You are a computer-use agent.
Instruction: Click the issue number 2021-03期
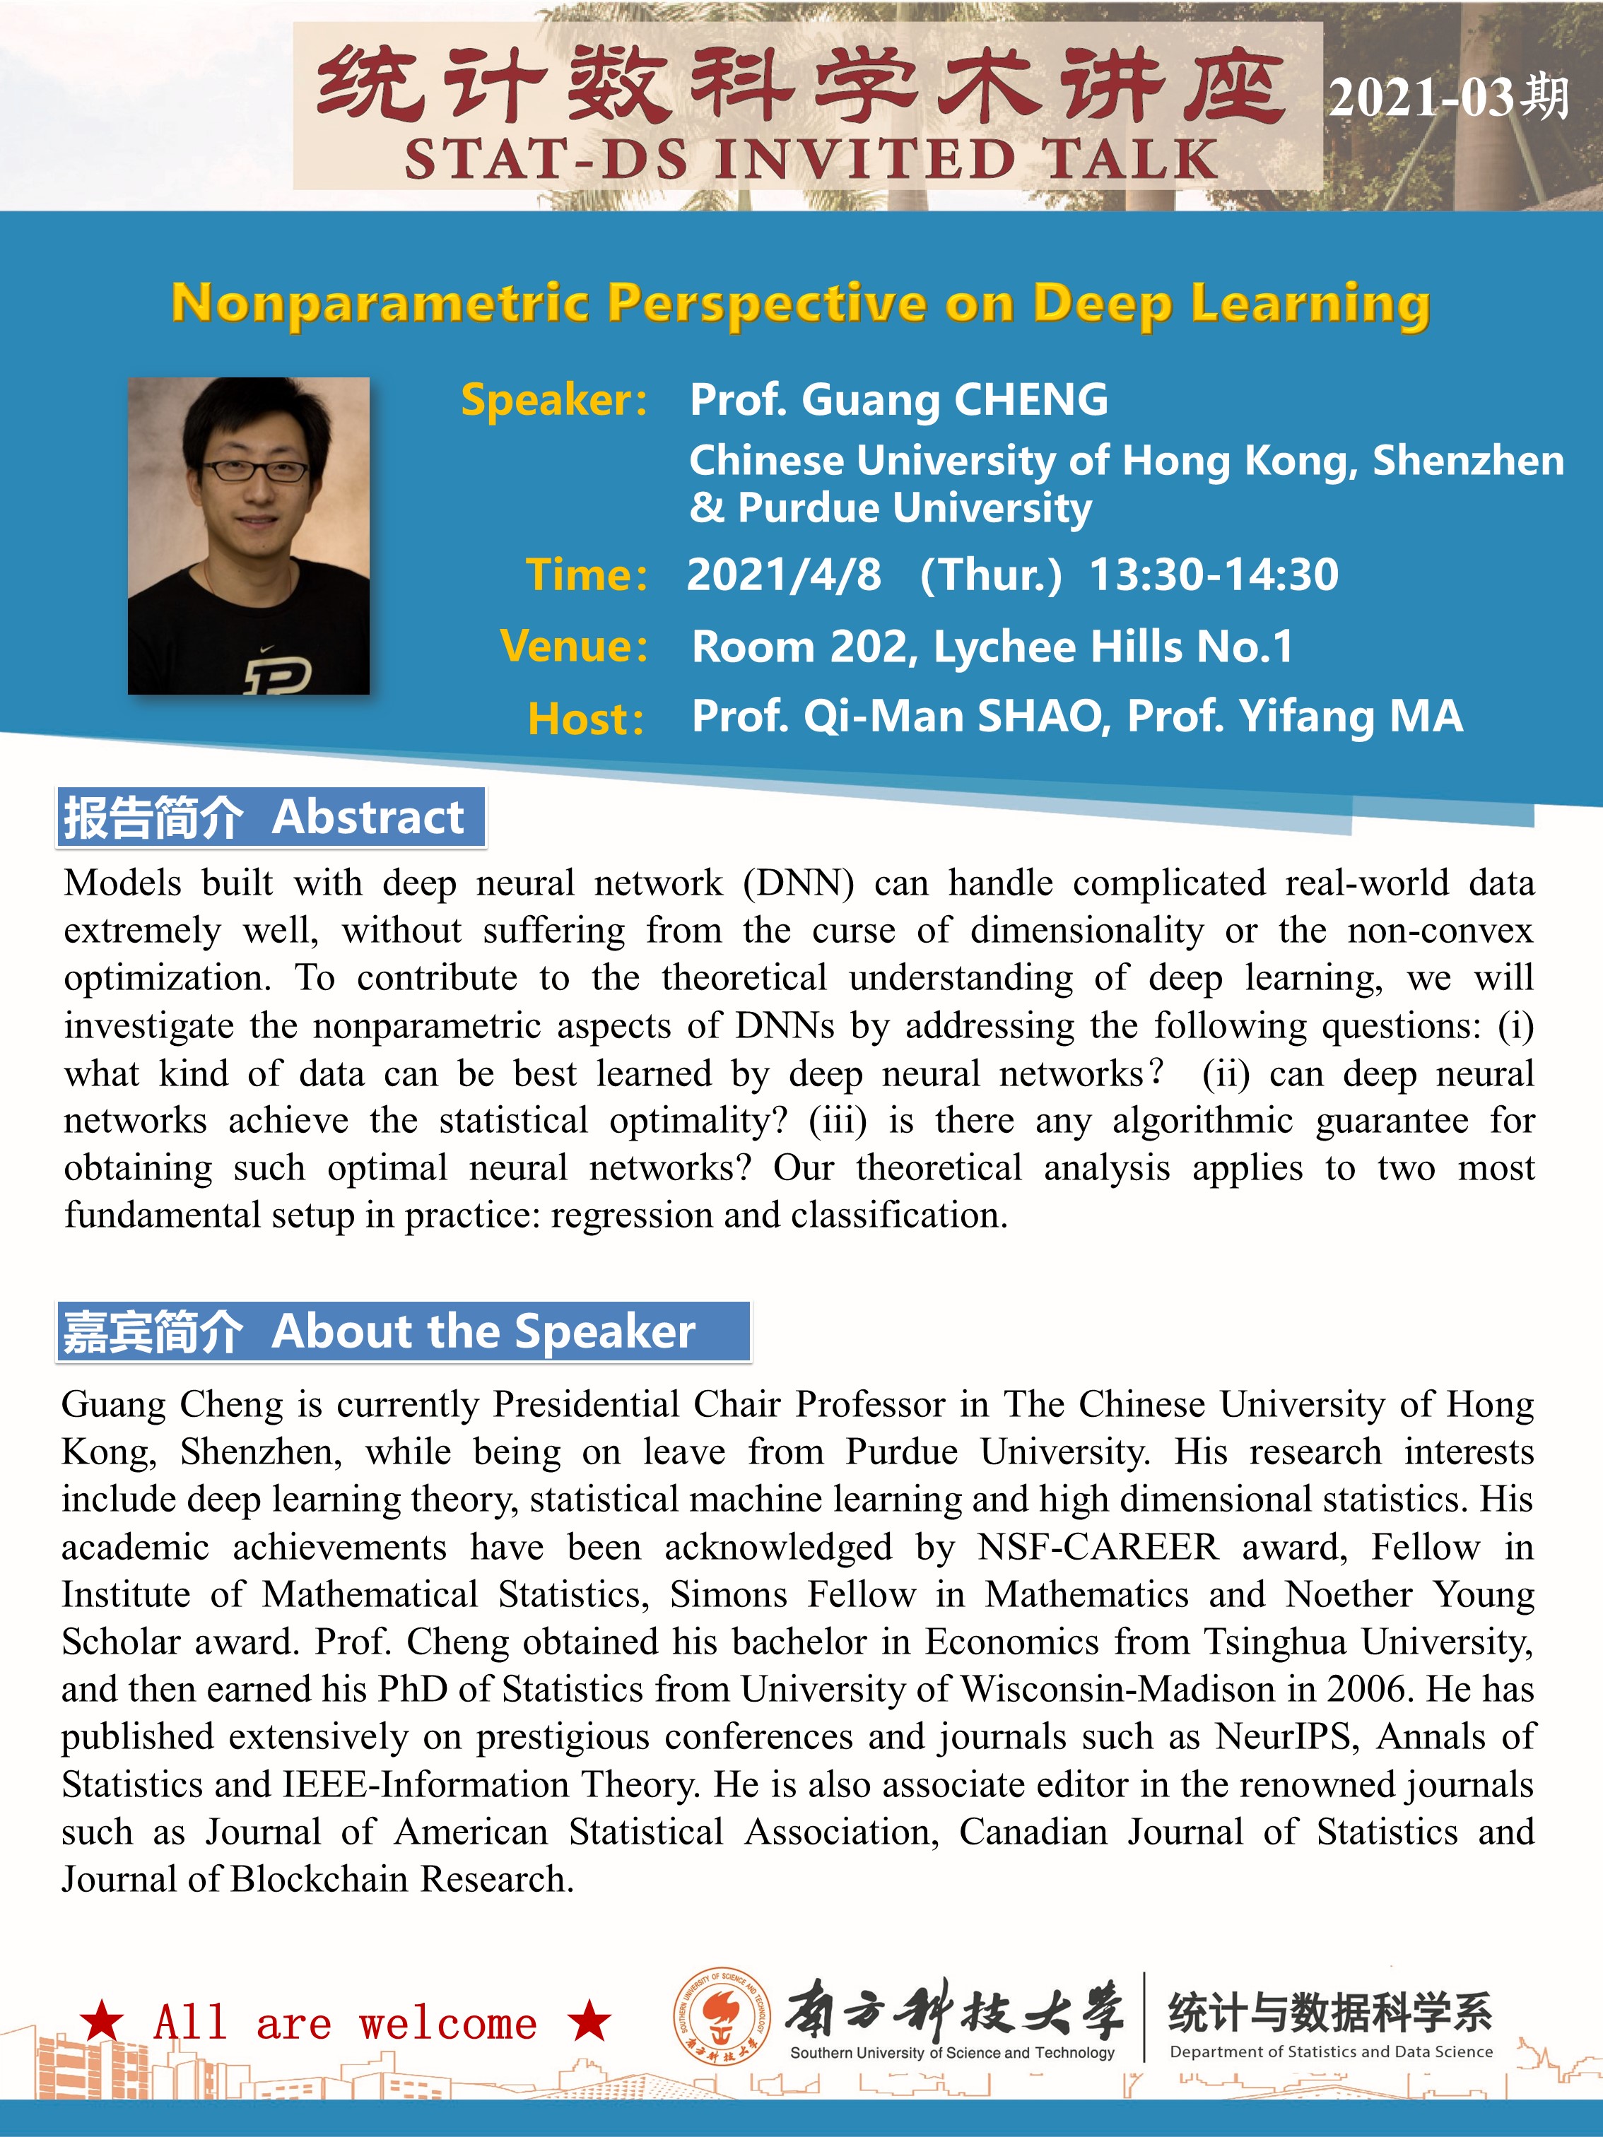tap(1448, 98)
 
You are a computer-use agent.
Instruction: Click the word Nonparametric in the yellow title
tap(380, 303)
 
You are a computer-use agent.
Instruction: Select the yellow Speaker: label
tap(553, 400)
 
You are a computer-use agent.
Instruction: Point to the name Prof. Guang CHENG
tap(898, 400)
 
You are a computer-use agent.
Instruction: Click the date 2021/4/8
tap(784, 575)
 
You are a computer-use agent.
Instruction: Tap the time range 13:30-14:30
tap(1214, 575)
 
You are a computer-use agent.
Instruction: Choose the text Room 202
tap(801, 647)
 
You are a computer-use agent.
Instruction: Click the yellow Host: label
tap(585, 719)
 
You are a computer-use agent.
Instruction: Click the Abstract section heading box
tap(271, 818)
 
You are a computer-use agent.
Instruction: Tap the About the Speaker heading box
tap(403, 1331)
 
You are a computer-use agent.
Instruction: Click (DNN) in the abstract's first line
tap(798, 883)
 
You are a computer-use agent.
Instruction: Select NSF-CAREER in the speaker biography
tap(1098, 1548)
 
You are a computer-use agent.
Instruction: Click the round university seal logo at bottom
tap(722, 2016)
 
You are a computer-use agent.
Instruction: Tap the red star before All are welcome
tap(102, 2021)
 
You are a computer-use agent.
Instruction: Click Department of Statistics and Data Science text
tap(1330, 2052)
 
